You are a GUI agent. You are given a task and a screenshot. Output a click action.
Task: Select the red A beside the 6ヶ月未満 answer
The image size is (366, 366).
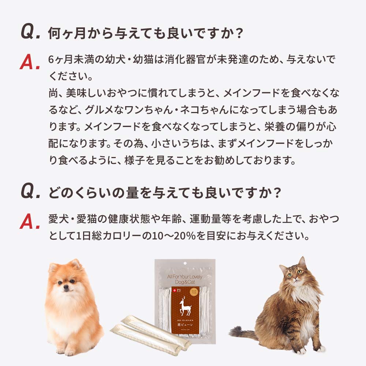click(29, 63)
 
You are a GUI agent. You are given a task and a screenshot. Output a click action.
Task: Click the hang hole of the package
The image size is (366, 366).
click(185, 265)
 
